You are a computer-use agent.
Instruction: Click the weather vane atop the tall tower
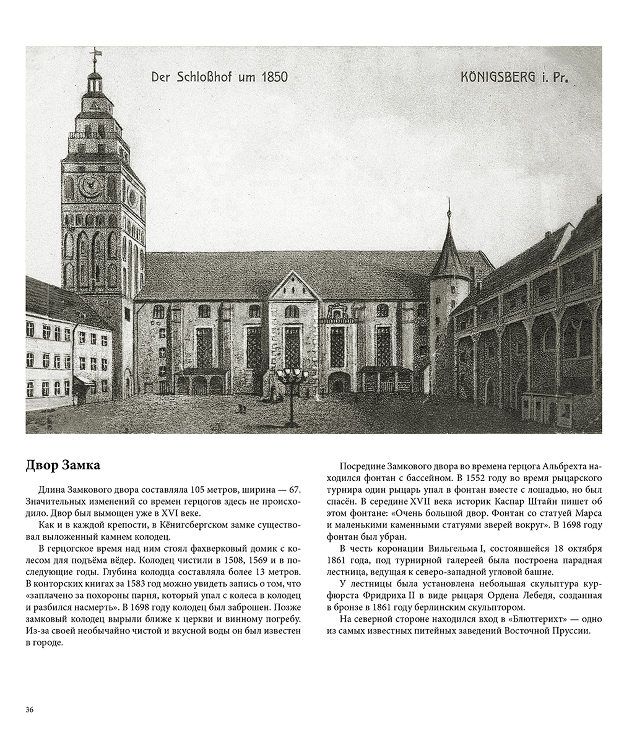[95, 53]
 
